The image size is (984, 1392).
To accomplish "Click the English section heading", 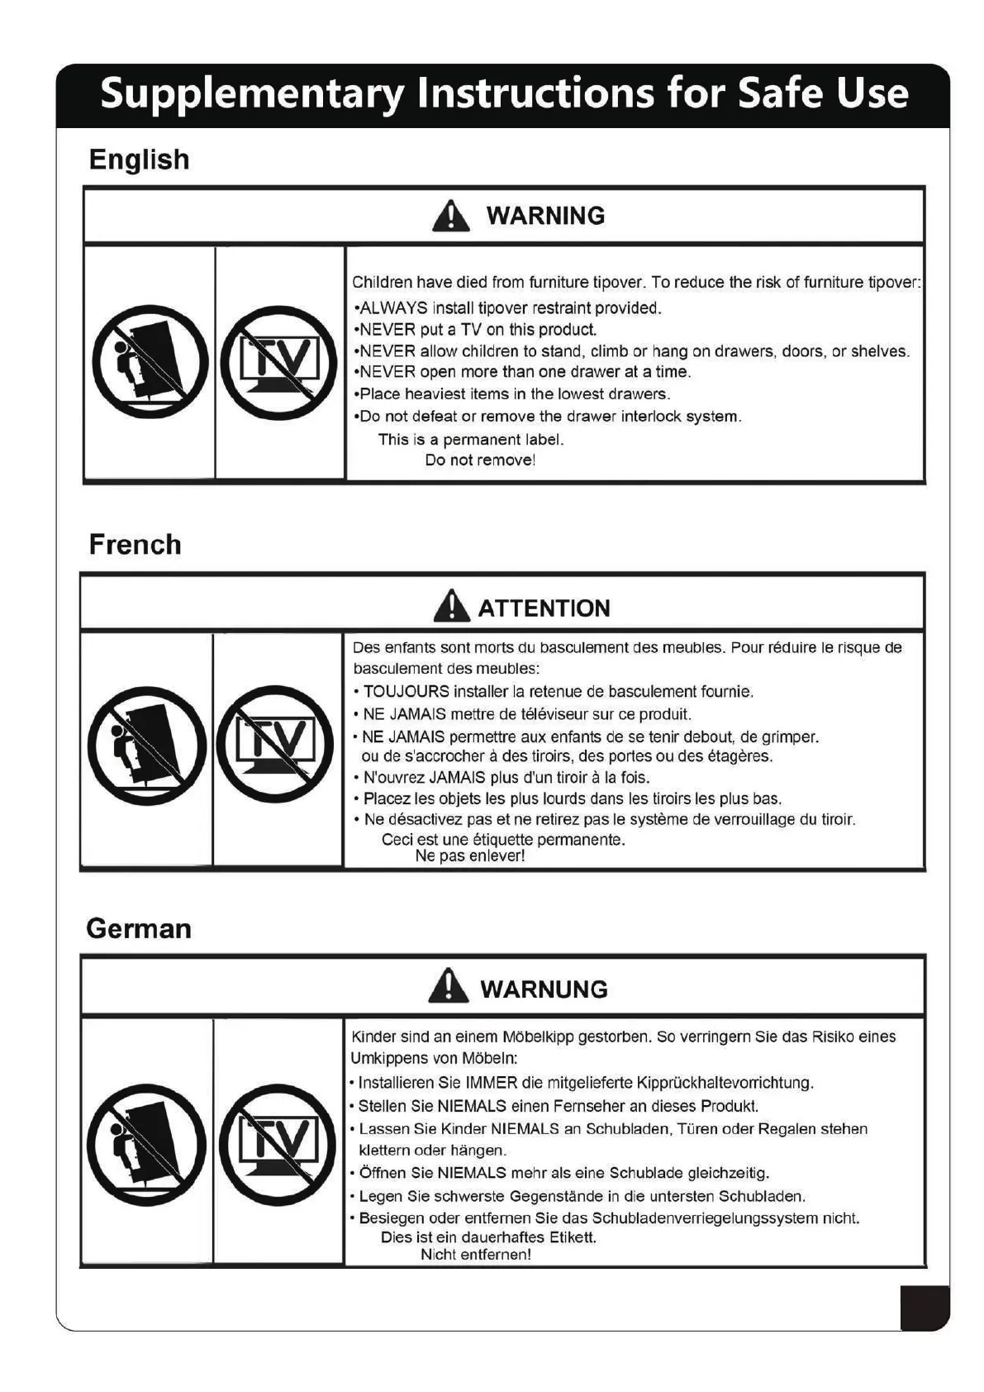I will [139, 160].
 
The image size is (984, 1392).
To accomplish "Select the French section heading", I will [135, 545].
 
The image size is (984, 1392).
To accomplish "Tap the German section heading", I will [139, 929].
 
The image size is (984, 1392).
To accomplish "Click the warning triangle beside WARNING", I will [450, 217].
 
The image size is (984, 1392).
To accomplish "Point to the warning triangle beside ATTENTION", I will [451, 607].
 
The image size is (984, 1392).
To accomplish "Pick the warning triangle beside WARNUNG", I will [449, 987].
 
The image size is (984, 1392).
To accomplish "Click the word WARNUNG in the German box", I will [544, 989].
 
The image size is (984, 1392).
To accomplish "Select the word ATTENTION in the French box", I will [544, 609].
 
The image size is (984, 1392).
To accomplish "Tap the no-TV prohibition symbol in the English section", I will [278, 362].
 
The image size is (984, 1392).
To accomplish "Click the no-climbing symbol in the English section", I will [150, 361].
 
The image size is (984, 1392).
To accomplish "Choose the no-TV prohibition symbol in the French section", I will [275, 744].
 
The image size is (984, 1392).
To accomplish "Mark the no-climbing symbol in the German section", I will [146, 1144].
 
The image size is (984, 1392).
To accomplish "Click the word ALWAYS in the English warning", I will [393, 308].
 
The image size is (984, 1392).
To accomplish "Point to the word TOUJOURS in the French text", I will [406, 692].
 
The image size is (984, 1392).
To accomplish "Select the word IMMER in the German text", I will [491, 1083].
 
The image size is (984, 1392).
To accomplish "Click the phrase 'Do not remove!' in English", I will [480, 460].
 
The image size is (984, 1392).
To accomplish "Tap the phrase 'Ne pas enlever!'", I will [469, 856].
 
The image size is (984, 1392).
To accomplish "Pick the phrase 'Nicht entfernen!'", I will [475, 1255].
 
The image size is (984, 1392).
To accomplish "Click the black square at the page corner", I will [925, 1308].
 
